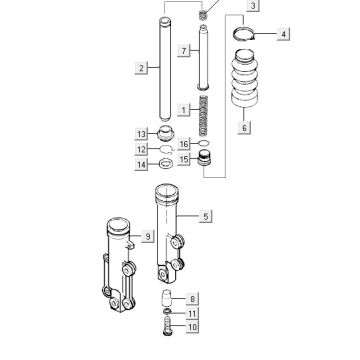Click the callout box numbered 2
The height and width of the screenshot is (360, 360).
[141, 68]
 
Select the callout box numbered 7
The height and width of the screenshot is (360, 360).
[184, 51]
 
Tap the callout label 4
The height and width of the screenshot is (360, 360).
[283, 34]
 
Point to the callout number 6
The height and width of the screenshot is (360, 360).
[244, 128]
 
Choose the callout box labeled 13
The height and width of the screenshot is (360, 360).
[142, 134]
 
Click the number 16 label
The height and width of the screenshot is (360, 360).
[184, 144]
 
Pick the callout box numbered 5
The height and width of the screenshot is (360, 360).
[206, 217]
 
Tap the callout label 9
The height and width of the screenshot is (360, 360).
[148, 236]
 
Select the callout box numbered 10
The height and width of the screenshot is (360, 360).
[192, 327]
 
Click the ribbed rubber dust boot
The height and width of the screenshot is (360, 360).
[244, 79]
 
